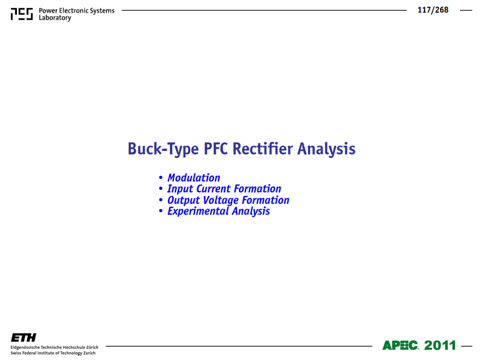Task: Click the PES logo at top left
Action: pyautogui.click(x=22, y=14)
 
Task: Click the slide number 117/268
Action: pyautogui.click(x=433, y=10)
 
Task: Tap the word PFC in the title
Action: pyautogui.click(x=216, y=149)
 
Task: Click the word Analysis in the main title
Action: pyautogui.click(x=326, y=149)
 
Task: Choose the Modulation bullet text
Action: pyautogui.click(x=193, y=178)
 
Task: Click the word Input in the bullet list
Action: pyautogui.click(x=180, y=189)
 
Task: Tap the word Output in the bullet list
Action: pyautogui.click(x=183, y=200)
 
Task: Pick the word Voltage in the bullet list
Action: pyautogui.click(x=220, y=200)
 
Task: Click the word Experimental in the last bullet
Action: pyautogui.click(x=197, y=211)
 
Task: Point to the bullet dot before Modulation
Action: pyautogui.click(x=160, y=178)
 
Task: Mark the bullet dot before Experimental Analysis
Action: pyautogui.click(x=160, y=211)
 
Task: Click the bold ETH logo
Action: pyautogui.click(x=23, y=338)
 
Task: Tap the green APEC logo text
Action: pyautogui.click(x=401, y=345)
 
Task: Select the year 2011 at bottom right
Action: pyautogui.click(x=440, y=345)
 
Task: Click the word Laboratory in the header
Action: pyautogui.click(x=55, y=18)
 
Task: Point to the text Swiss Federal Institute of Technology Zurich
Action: pyautogui.click(x=53, y=353)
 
